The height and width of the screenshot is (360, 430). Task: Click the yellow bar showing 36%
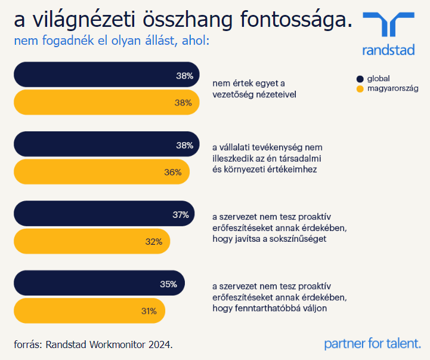pyautogui.click(x=101, y=172)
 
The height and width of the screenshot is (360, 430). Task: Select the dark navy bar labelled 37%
pyautogui.click(x=104, y=214)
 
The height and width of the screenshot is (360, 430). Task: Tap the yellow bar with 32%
pyautogui.click(x=92, y=242)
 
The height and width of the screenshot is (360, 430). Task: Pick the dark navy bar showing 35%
pyautogui.click(x=99, y=284)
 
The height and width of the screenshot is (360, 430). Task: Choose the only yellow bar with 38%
pyautogui.click(x=106, y=103)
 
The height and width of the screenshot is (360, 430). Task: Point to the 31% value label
pyautogui.click(x=149, y=311)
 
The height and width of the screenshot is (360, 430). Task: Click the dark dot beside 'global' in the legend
pyautogui.click(x=360, y=78)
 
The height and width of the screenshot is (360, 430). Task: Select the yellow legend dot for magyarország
pyautogui.click(x=360, y=89)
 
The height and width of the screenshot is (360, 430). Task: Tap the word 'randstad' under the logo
pyautogui.click(x=388, y=50)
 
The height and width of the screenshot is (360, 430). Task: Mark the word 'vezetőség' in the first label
pyautogui.click(x=231, y=94)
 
